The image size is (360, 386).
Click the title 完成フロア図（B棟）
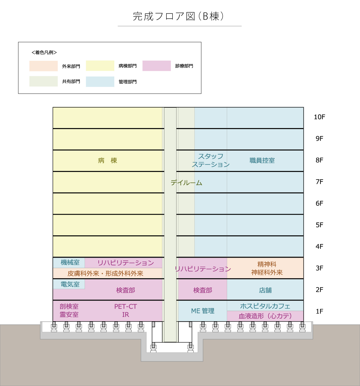[178, 16]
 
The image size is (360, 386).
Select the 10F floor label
[319, 117]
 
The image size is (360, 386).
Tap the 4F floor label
[319, 247]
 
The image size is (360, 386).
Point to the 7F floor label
[319, 182]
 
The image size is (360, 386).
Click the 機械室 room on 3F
[69, 263]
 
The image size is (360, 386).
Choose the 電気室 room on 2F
[69, 284]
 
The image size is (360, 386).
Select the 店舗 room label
[265, 290]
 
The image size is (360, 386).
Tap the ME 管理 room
[202, 311]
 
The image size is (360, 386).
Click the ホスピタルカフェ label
[265, 306]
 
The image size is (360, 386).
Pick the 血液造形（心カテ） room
[265, 316]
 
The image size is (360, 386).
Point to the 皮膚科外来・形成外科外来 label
[105, 274]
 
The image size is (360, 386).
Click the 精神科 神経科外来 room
[265, 268]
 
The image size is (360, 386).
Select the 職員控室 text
[262, 160]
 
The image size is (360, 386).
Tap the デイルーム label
[186, 183]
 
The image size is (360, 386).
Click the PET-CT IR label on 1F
[126, 311]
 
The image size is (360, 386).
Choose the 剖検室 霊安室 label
[69, 311]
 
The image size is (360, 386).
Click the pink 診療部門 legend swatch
[157, 66]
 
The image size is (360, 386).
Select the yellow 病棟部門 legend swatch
[100, 66]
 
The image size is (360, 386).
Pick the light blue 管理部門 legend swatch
[100, 82]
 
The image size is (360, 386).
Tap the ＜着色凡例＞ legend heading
[44, 52]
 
